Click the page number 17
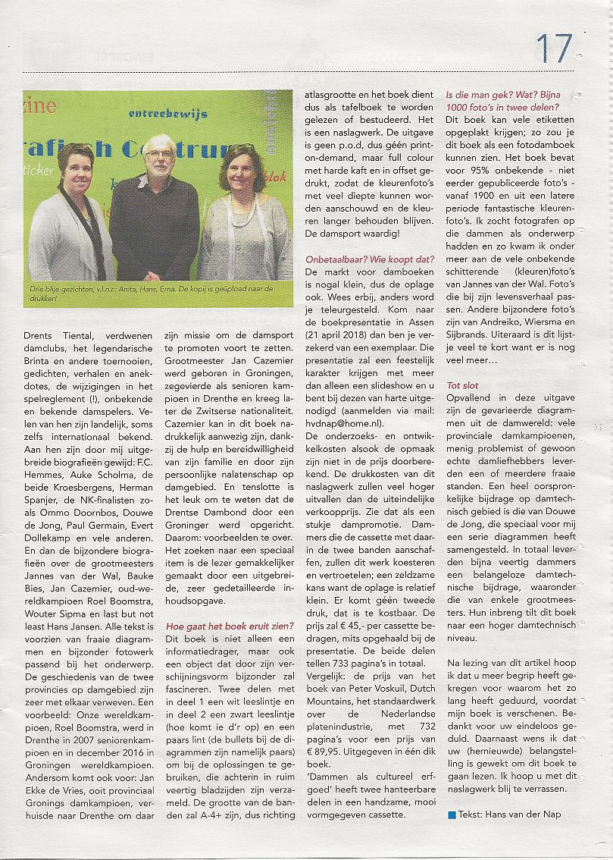click(x=554, y=49)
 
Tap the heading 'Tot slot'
click(x=462, y=385)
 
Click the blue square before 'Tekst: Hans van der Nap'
click(x=452, y=814)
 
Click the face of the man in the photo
click(x=159, y=157)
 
